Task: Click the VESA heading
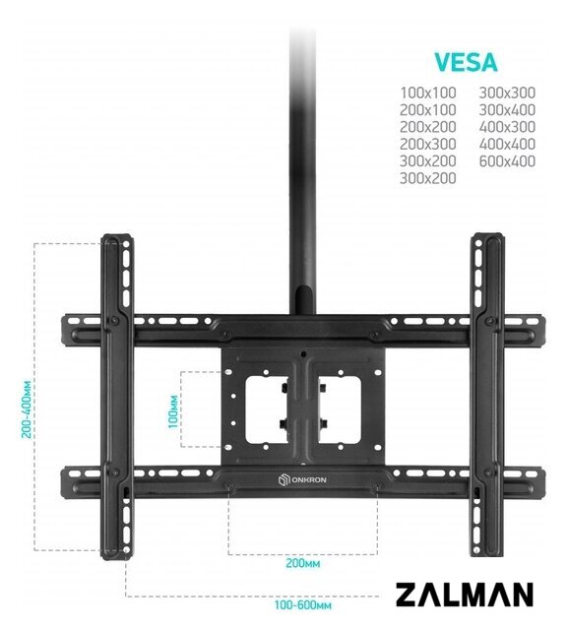click(466, 62)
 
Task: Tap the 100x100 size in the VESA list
click(428, 93)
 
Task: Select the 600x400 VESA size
click(507, 161)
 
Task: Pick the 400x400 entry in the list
click(507, 144)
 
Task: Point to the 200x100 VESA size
click(428, 109)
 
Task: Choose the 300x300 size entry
click(507, 93)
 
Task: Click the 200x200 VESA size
click(428, 127)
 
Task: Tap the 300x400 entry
click(507, 109)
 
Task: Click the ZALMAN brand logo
click(465, 595)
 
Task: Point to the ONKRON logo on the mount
click(302, 479)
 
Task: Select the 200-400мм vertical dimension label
click(27, 409)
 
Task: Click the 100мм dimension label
click(173, 411)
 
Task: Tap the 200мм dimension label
click(303, 563)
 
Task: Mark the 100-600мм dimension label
click(303, 604)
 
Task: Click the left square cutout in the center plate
click(267, 409)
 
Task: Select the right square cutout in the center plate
click(340, 409)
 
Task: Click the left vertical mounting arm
click(116, 397)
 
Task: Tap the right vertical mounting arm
click(487, 395)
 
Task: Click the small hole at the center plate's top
click(303, 354)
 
